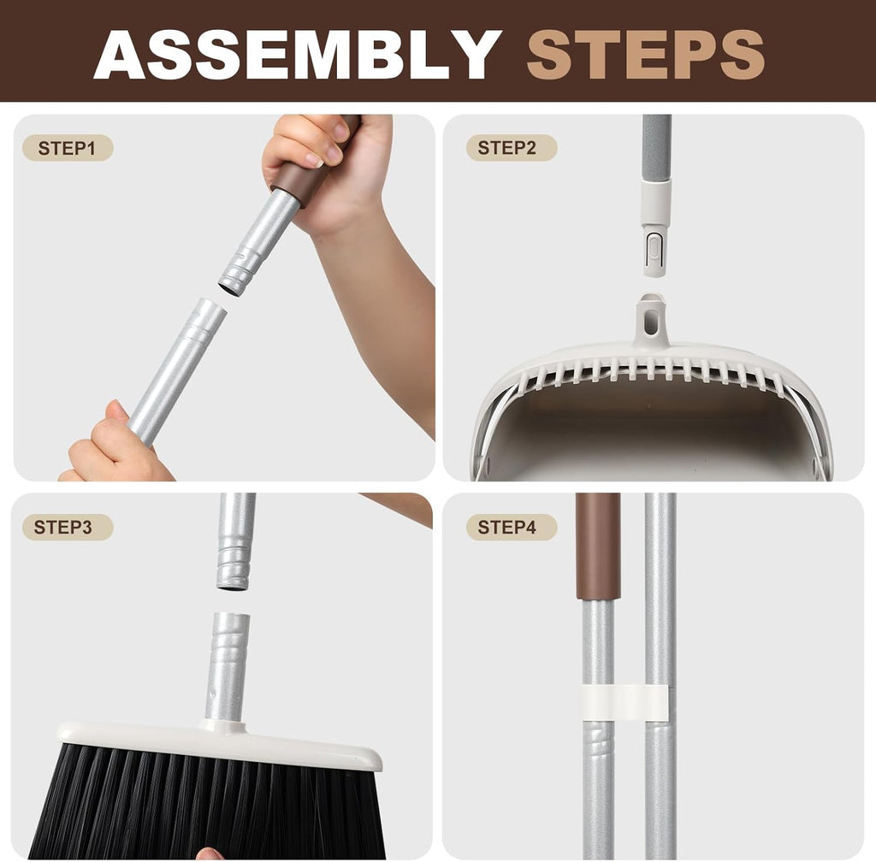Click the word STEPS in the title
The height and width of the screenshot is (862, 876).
tap(645, 53)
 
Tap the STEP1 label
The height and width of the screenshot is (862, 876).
tap(68, 148)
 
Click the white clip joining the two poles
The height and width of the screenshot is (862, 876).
tap(625, 702)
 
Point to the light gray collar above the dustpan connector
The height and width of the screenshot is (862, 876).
tap(656, 201)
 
